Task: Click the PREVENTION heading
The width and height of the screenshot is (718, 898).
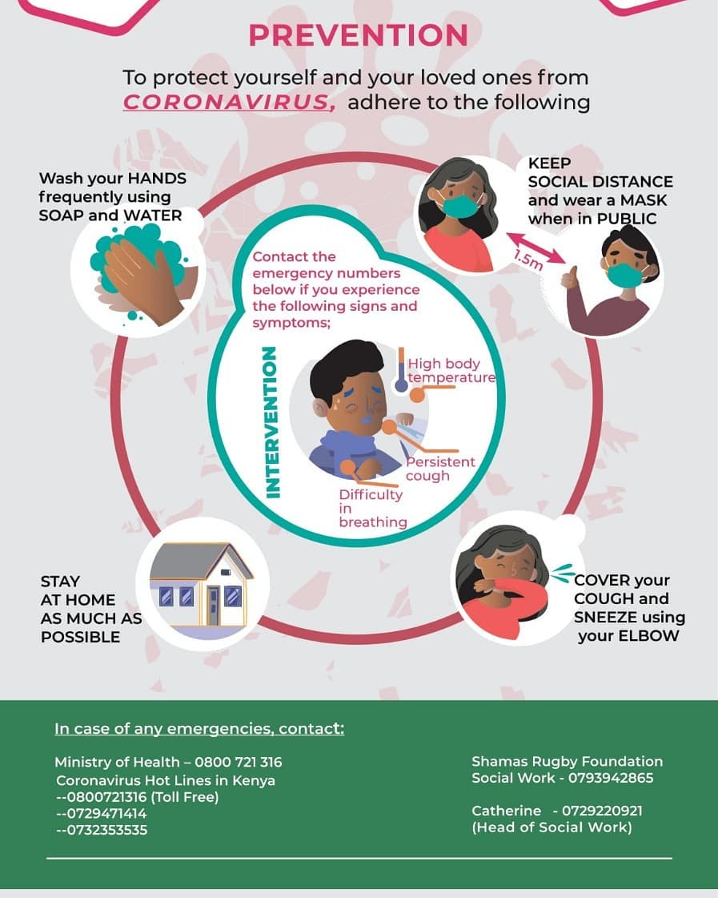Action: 358,35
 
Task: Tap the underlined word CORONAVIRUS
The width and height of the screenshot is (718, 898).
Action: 229,102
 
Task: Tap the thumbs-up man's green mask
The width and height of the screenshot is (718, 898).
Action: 624,274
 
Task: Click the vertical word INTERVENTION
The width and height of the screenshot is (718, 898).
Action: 272,422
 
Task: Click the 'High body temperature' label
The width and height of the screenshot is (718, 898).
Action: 451,371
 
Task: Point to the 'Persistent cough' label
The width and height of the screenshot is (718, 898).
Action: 440,469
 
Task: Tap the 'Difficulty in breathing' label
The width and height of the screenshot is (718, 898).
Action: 372,508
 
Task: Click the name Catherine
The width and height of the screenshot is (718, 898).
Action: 507,811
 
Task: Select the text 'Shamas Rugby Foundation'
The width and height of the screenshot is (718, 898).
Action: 567,762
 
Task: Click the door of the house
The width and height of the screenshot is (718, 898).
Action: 213,606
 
